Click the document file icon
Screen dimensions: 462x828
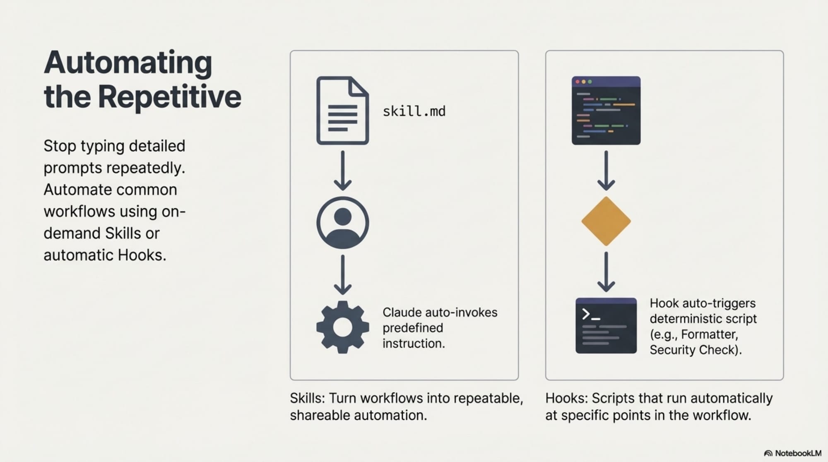click(342, 111)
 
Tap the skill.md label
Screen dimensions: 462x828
click(414, 111)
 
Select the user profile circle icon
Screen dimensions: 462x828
click(342, 223)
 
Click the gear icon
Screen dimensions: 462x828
click(342, 327)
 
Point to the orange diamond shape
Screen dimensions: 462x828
click(606, 221)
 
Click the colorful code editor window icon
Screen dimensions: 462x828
click(606, 111)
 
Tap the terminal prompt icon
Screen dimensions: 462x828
click(606, 325)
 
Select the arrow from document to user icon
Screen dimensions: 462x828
click(342, 171)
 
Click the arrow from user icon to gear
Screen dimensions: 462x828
click(342, 274)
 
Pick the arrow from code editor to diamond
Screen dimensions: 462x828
click(606, 171)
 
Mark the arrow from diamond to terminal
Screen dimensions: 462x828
click(606, 272)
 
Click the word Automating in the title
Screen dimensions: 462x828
click(128, 63)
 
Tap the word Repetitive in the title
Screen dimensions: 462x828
click(169, 96)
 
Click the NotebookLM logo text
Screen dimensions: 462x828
click(797, 453)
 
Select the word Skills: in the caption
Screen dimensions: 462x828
click(307, 398)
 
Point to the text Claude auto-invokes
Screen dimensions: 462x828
click(440, 312)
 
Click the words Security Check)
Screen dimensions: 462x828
click(696, 350)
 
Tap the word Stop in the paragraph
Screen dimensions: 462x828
click(60, 146)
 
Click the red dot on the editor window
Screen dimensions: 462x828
click(578, 82)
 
